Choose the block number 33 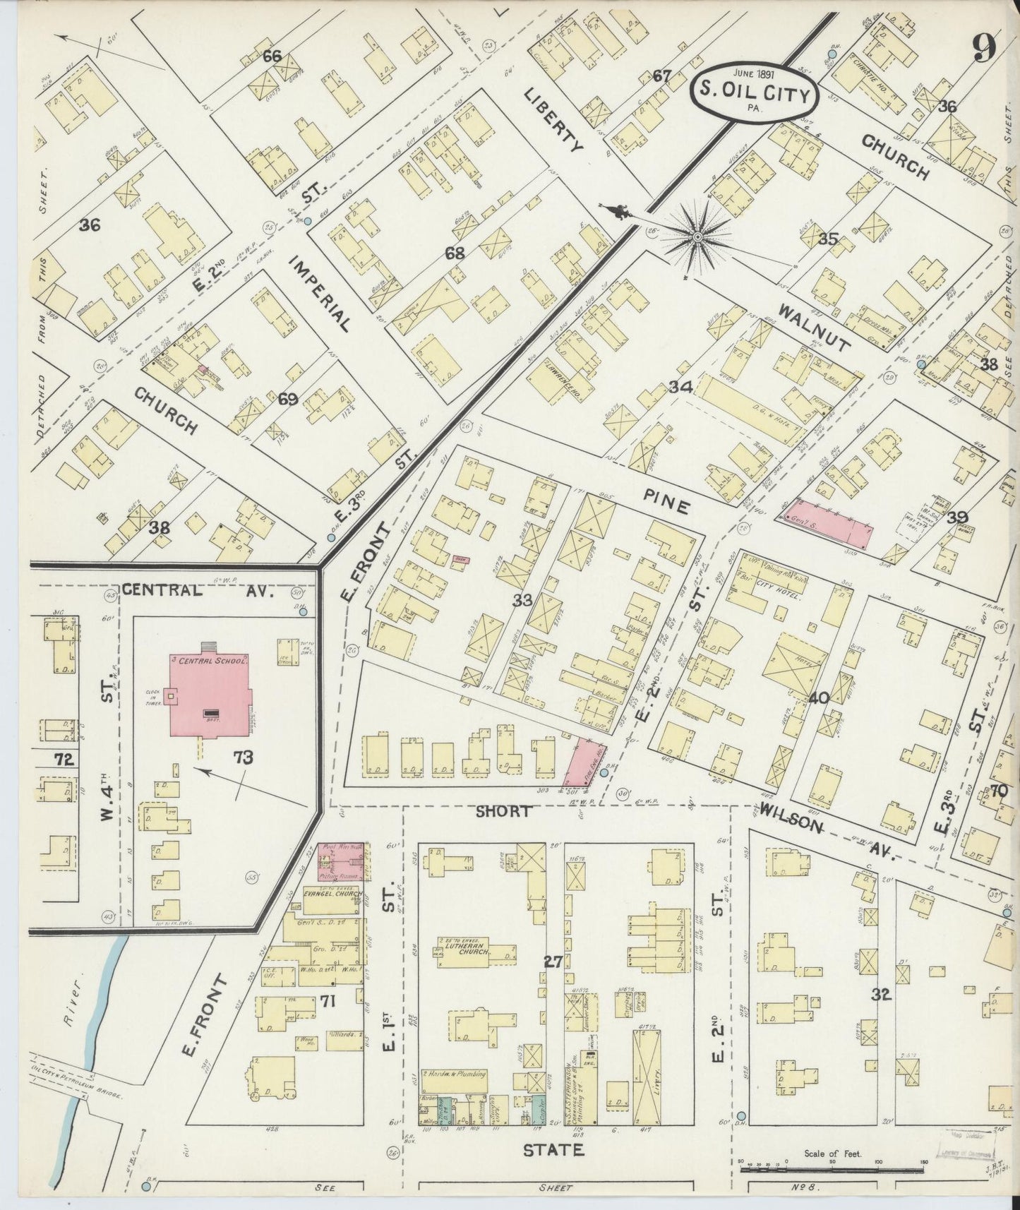(x=522, y=601)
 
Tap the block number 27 (x=553, y=961)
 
